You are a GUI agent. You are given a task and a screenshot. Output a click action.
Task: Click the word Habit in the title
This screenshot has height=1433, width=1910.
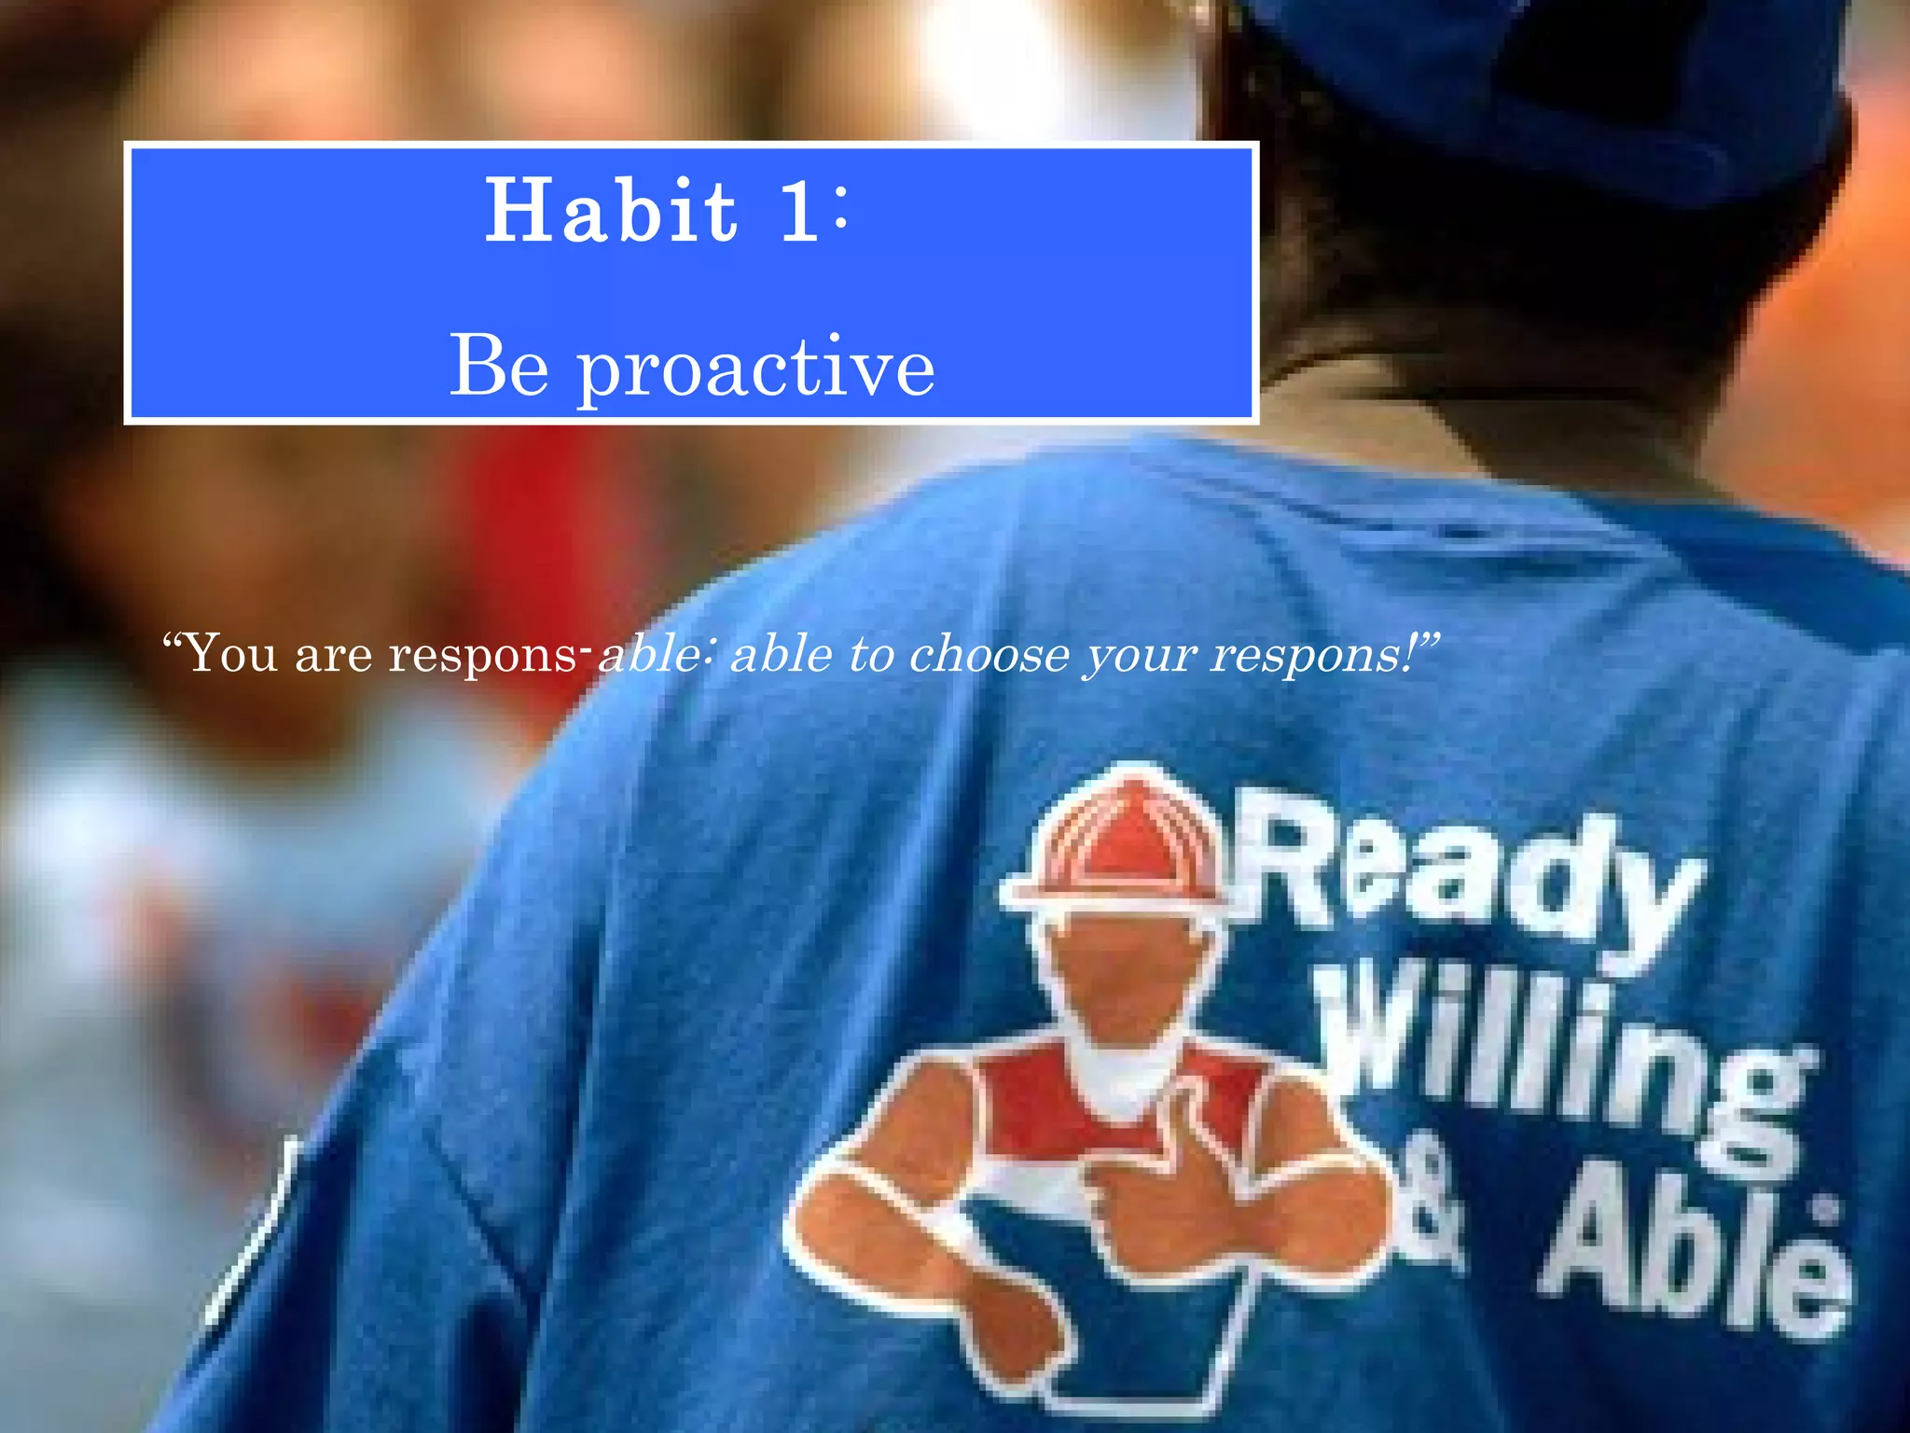[611, 211]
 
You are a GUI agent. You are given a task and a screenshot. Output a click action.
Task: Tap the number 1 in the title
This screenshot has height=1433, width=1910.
[800, 213]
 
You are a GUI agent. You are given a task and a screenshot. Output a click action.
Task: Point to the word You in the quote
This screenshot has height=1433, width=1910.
[228, 653]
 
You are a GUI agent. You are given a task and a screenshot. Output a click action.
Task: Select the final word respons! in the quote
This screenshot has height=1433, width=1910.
[1320, 653]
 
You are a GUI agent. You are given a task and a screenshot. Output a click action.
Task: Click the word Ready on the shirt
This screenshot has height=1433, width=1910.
[1464, 877]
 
